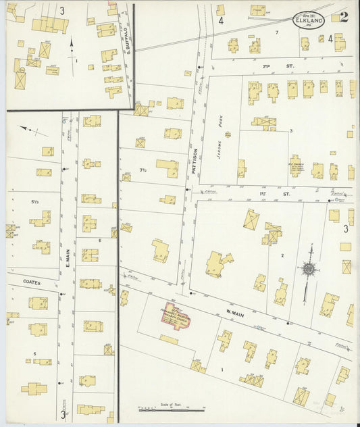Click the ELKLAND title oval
click(309, 20)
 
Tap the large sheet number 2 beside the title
click(344, 18)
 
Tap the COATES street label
click(31, 282)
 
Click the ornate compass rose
click(309, 269)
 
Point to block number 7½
click(143, 170)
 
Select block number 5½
click(34, 201)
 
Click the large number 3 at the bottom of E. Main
click(63, 414)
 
